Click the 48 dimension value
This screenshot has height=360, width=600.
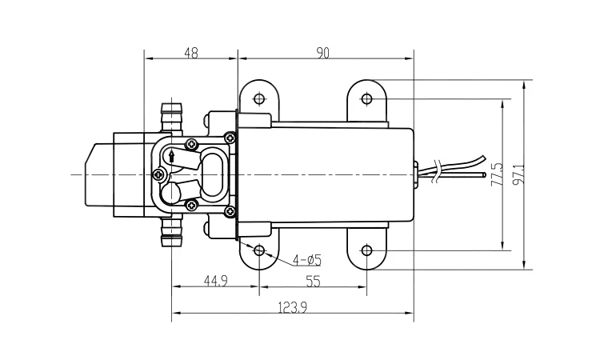click(x=190, y=53)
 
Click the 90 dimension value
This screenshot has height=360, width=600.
click(x=323, y=53)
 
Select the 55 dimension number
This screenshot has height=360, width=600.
click(x=312, y=281)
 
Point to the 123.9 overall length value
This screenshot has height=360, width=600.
click(x=293, y=307)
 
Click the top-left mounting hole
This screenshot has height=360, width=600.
click(x=258, y=99)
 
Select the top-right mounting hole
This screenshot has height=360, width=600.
click(x=366, y=99)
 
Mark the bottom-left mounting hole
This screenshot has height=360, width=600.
click(x=258, y=250)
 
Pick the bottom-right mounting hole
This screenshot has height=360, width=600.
click(x=366, y=250)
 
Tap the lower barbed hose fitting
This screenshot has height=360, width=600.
click(x=170, y=231)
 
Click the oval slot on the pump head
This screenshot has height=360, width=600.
click(x=214, y=174)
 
